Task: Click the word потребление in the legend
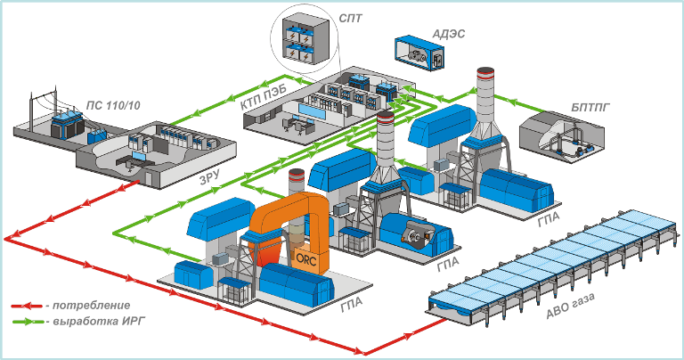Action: point(90,305)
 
